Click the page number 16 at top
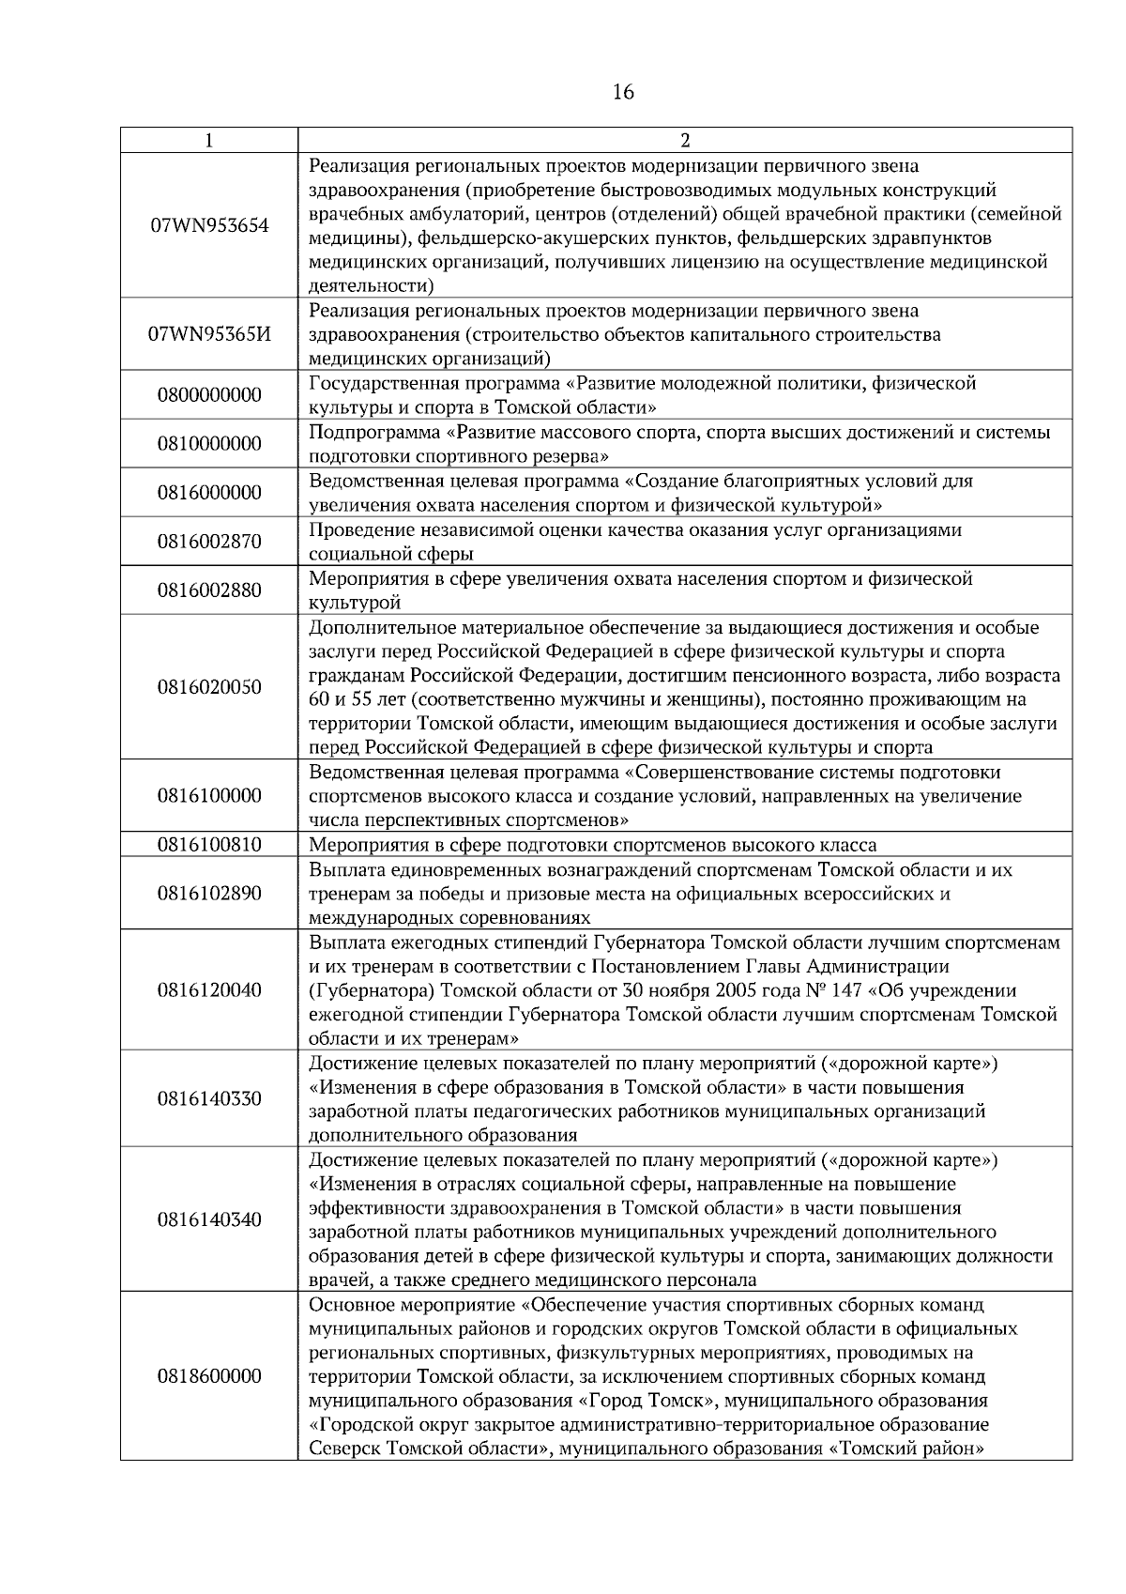623,92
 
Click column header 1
208,140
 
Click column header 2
685,140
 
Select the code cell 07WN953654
209,226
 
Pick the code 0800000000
209,395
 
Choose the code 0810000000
209,444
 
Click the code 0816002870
209,542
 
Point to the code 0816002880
209,590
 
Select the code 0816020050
209,687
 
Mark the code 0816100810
209,844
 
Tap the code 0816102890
209,893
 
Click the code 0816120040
209,990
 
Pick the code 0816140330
209,1099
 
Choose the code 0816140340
209,1220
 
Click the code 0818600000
209,1377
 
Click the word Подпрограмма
373,433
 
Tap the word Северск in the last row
340,1449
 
